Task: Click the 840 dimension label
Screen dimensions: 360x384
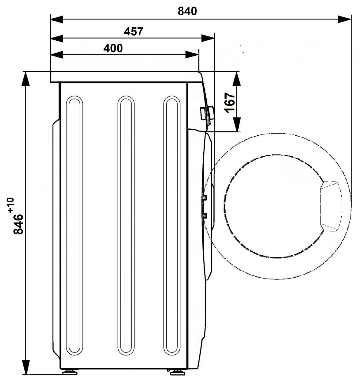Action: [187, 12]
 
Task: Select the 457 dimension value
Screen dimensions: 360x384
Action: [133, 32]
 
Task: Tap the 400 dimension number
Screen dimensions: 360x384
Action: [113, 48]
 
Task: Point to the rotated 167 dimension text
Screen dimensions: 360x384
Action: [230, 103]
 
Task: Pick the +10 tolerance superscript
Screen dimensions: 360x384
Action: [11, 205]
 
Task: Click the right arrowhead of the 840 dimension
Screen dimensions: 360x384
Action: [344, 19]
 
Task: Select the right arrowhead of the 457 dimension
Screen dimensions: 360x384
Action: [208, 38]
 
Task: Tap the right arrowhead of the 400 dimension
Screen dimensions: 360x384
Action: [192, 55]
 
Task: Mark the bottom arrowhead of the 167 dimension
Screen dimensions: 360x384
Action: [237, 125]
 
